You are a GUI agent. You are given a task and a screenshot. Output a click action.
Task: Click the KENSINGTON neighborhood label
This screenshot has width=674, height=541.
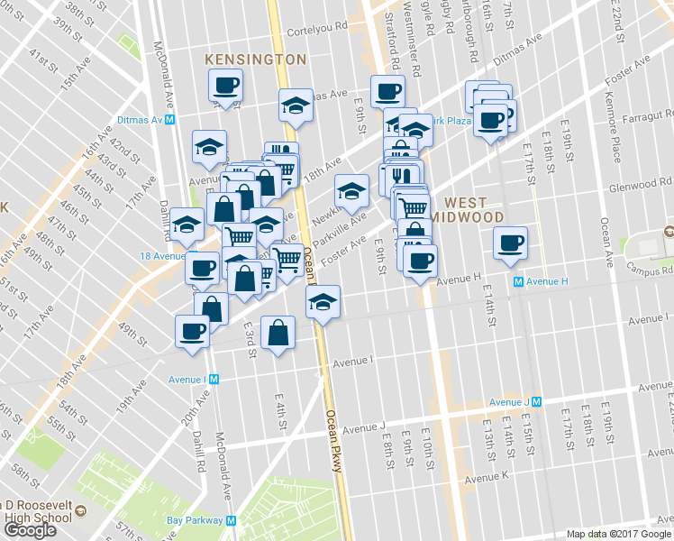point(256,59)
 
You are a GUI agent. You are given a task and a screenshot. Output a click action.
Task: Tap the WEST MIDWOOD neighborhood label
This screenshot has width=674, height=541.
point(466,211)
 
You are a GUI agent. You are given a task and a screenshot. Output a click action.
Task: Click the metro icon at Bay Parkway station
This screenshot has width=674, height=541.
point(231,520)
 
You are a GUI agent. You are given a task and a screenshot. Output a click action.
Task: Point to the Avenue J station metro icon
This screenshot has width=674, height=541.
point(536,401)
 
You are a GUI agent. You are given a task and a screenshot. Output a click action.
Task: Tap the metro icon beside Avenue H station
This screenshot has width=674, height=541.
point(518,281)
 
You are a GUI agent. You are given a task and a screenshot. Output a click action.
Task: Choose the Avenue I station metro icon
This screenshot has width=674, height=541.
point(214,380)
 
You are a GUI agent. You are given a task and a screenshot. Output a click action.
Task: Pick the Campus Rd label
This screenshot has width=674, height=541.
point(656,269)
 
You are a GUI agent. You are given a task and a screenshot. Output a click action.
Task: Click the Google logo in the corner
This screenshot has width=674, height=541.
point(31,529)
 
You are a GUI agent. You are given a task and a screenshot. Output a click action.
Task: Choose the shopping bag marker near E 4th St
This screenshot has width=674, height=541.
point(278,333)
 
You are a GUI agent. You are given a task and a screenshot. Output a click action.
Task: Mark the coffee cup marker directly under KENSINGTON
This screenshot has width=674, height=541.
point(225,86)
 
